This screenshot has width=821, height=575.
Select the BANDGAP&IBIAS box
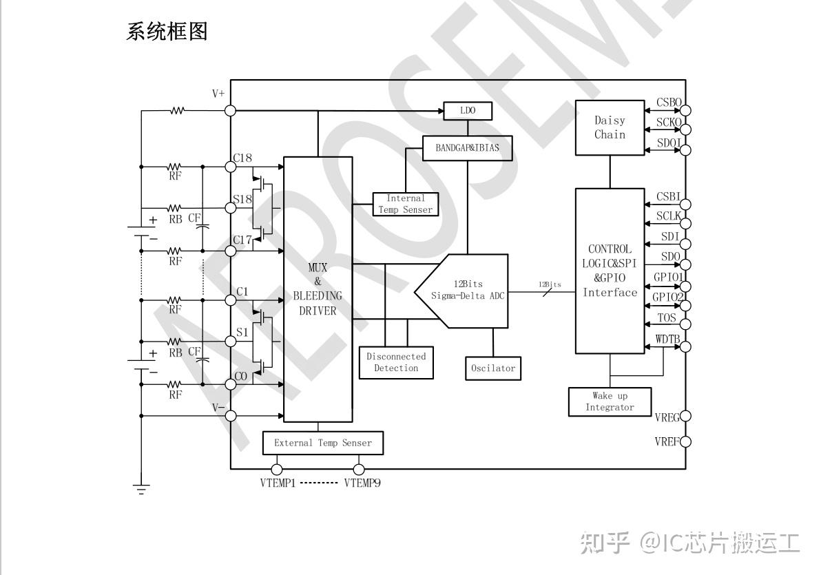pos(468,147)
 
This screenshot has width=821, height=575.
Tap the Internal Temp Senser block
pos(405,204)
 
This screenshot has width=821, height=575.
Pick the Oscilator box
pos(492,368)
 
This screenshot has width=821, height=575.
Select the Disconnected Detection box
pos(396,362)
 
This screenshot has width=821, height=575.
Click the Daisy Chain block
pos(610,127)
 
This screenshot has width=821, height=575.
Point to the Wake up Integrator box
pos(610,401)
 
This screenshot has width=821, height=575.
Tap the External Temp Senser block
pos(322,443)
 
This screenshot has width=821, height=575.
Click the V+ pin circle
pos(231,110)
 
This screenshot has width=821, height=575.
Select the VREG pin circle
pos(685,416)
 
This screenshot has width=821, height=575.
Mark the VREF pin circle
pos(685,441)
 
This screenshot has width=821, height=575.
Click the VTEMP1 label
pos(278,483)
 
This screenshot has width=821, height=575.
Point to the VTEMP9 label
pos(362,483)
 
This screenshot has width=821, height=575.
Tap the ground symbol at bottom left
pos(141,490)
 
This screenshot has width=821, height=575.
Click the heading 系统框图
pos(167,31)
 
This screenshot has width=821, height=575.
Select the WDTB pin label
pos(668,338)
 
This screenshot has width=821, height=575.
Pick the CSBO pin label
pos(668,103)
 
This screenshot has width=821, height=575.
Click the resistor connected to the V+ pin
pos(178,110)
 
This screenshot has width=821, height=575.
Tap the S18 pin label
pos(242,200)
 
